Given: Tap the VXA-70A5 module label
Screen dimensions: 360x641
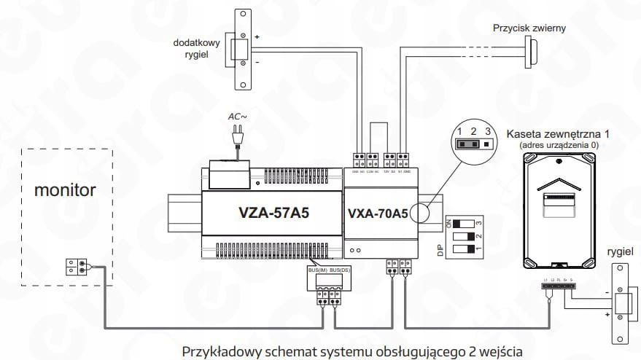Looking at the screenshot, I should pos(378,214).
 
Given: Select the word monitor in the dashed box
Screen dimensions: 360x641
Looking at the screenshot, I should pos(66,190).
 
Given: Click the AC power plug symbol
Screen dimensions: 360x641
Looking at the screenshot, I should pos(236,137).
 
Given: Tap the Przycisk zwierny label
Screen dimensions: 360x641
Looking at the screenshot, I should pos(529,28).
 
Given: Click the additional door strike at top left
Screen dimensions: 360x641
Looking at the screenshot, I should pos(238,48).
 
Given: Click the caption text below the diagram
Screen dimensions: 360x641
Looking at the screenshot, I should pos(353,351).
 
